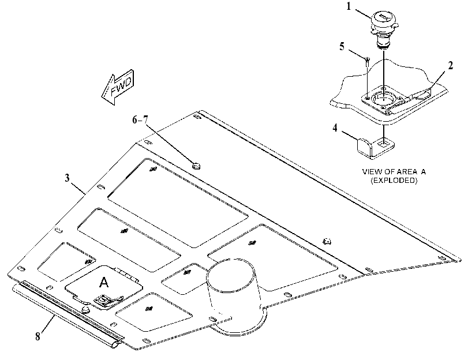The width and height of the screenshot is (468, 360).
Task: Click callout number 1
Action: [349, 6]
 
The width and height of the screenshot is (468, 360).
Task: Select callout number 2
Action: [450, 66]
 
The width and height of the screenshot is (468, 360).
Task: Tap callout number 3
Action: [67, 178]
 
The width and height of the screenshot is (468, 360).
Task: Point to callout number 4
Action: [335, 128]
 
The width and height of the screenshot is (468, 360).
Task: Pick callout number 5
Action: [342, 47]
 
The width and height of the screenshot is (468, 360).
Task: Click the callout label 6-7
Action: [140, 119]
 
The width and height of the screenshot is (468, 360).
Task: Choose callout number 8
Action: [38, 337]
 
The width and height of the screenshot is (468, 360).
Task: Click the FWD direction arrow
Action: [118, 87]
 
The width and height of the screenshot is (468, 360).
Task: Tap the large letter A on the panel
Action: [103, 282]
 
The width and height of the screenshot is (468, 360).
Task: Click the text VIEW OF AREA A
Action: [394, 172]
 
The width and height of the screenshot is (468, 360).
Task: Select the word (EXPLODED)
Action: [394, 181]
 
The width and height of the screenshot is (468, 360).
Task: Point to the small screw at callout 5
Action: [368, 62]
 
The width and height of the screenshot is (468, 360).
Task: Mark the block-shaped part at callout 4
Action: [376, 148]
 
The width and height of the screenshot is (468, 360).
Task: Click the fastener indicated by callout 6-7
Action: [196, 165]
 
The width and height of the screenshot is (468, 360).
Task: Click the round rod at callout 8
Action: [67, 317]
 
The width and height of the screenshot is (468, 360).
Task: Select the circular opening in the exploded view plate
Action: [383, 99]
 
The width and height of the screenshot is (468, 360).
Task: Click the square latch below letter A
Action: [103, 299]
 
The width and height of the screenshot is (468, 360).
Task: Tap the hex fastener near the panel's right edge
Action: [327, 241]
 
